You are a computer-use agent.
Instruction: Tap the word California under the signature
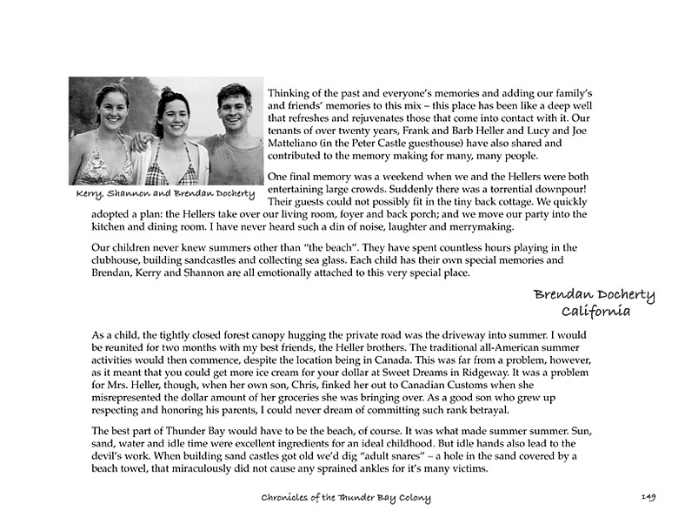(595, 312)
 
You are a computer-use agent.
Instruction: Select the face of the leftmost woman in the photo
(112, 107)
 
